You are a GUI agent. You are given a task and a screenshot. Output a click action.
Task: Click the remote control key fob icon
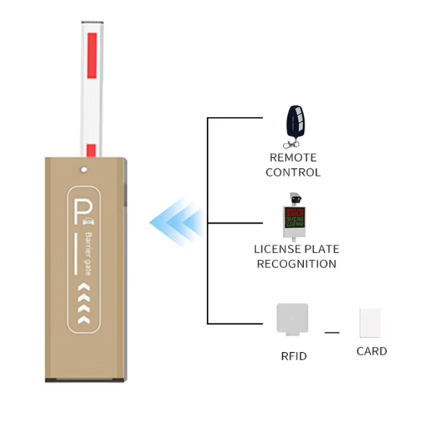point(293,123)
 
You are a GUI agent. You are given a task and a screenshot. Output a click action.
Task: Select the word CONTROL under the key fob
point(293,172)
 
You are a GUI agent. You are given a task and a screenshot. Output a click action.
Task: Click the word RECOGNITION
point(296,264)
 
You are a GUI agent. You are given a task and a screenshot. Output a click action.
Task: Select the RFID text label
point(294,356)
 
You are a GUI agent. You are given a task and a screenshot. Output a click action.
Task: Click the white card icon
point(370,324)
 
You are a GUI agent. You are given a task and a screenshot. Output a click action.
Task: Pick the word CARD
point(372,351)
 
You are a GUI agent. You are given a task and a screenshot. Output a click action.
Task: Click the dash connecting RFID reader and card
point(332,332)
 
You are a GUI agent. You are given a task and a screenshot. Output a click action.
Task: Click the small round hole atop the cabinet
point(85,171)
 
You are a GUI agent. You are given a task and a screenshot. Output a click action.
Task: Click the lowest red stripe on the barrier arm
point(91,150)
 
